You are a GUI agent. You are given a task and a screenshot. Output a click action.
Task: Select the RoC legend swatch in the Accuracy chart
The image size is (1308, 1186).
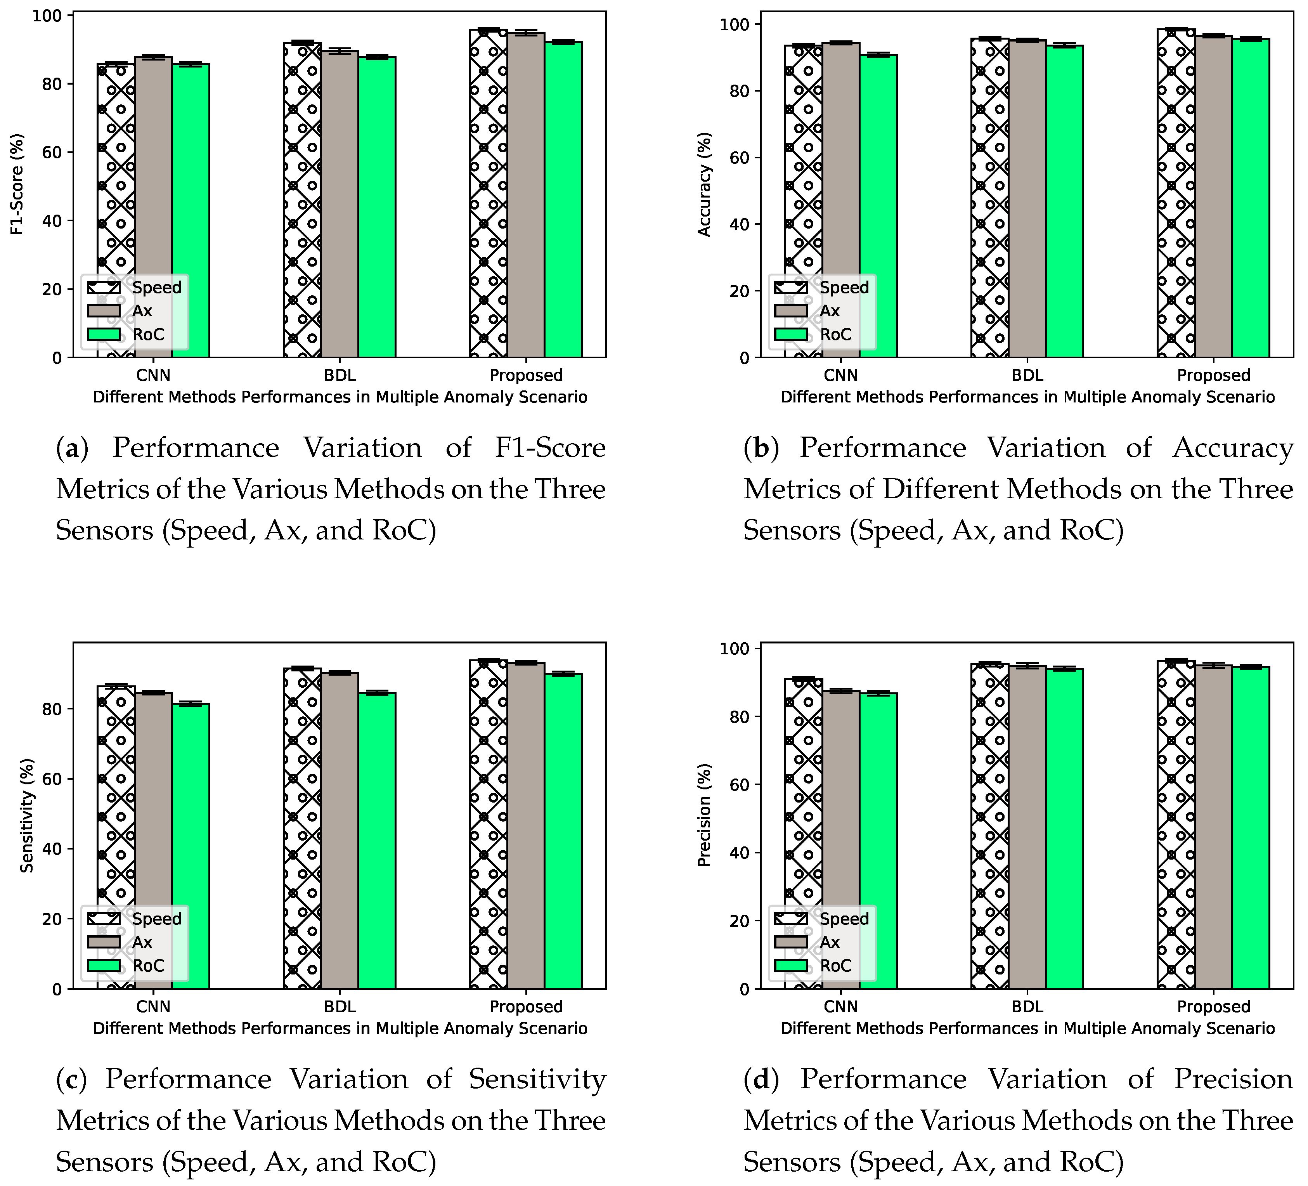pos(791,334)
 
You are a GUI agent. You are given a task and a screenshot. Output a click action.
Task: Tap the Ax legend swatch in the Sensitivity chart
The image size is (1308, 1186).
pos(104,942)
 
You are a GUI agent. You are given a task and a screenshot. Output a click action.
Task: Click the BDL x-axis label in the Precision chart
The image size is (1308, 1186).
pos(1027,1006)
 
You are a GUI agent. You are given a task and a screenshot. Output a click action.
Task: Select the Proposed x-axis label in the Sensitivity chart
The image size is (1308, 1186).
pos(525,1006)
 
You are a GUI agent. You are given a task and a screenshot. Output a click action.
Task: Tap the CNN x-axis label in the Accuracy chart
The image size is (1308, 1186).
pos(841,375)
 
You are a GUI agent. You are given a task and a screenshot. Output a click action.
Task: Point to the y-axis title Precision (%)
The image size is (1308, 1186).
pos(705,815)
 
